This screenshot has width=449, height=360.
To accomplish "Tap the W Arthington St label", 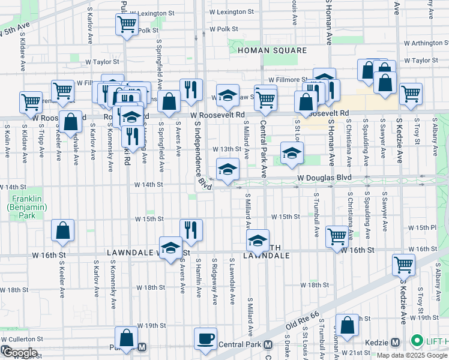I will (426, 43).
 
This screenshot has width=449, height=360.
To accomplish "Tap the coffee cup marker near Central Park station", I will (205, 339).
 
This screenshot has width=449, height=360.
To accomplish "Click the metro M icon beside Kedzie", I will (395, 342).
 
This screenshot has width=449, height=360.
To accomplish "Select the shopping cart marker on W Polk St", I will (127, 25).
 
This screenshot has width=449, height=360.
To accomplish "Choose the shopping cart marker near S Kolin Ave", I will (31, 102).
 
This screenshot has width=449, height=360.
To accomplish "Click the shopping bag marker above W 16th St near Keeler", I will (62, 232).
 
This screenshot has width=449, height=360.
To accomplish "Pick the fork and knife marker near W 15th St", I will (191, 230).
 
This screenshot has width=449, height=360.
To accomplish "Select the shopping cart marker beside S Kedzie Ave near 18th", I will (403, 265).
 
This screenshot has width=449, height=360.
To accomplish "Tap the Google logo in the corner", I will (19, 353).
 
